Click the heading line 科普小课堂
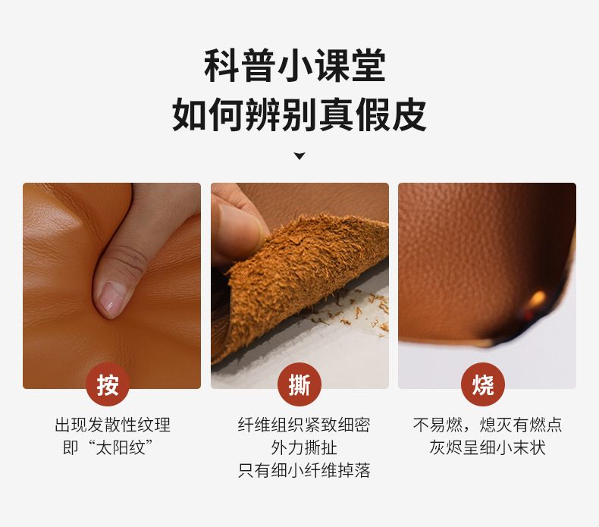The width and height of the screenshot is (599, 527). coord(294,66)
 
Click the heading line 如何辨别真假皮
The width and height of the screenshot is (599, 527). coord(299,114)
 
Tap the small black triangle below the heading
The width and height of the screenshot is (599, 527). coord(299,156)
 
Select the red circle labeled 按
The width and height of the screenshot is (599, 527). coord(108,384)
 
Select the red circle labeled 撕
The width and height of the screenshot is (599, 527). coord(299,384)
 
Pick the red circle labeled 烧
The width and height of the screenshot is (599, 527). coord(483,384)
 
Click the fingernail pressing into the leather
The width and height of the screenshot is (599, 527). coord(111,299)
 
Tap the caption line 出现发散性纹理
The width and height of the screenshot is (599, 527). coord(112,425)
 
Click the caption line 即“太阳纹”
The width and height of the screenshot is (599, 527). coord(108,447)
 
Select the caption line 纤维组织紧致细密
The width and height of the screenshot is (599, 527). coord(304,425)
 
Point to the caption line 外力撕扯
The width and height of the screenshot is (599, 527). coord(304,447)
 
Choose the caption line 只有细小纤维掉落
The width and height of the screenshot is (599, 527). coord(304,470)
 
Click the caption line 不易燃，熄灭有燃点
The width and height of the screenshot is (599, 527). coord(487,425)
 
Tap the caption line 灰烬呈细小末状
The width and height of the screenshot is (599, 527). coord(488,447)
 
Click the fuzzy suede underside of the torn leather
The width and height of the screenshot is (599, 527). coord(302,275)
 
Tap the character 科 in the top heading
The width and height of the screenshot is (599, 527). coord(221,66)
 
